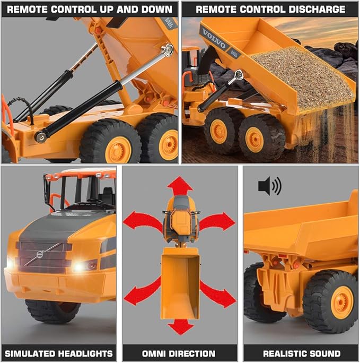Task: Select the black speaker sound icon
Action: (269, 186)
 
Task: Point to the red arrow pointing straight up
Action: (180, 186)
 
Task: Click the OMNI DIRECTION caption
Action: (180, 353)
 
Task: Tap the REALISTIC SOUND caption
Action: (301, 353)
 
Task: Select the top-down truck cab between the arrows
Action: (180, 218)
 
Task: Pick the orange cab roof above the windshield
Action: (80, 174)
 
